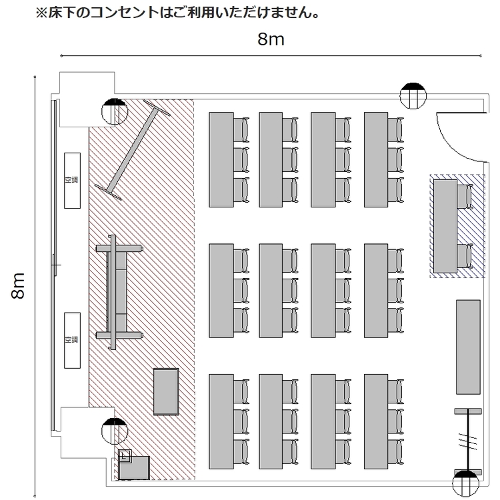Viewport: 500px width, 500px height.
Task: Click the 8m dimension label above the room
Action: point(271,39)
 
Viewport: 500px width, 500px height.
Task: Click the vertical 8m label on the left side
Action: point(18,286)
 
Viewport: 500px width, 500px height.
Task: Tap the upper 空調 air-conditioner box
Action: point(73,181)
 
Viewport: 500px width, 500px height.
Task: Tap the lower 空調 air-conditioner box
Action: point(73,340)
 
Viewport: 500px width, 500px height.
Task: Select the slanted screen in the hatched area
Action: point(133,150)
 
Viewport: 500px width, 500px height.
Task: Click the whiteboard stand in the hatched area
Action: point(119,292)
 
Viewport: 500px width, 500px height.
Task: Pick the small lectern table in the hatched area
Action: point(166,391)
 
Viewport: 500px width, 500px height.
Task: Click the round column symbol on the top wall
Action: point(413,95)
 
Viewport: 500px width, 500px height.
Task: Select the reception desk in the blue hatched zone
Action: point(445,226)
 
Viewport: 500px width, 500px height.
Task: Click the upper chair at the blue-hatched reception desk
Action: point(464,197)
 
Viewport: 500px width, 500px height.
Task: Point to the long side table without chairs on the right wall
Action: point(468,347)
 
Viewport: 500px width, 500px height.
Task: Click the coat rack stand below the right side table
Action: point(468,442)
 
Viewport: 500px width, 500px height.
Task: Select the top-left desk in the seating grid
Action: point(221,159)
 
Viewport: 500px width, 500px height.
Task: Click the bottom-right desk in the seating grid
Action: point(376,421)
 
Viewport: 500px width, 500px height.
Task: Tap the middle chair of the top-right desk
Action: point(396,159)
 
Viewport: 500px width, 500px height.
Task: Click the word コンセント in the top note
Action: point(125,13)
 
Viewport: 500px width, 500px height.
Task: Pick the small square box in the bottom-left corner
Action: point(125,456)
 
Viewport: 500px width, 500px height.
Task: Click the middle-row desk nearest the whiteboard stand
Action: point(221,291)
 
